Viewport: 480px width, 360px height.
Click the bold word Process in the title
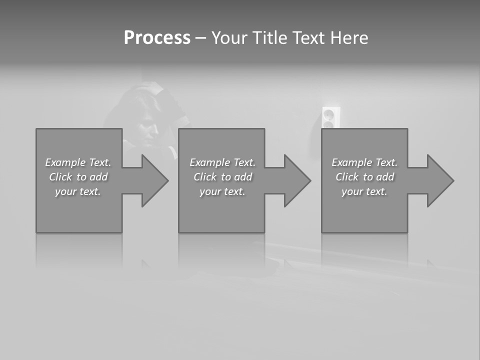(157, 38)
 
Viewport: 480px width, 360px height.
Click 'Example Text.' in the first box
(78, 162)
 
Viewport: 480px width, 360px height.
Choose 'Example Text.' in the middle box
(222, 162)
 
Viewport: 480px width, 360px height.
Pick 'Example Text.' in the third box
(364, 162)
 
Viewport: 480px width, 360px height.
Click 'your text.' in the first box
(78, 191)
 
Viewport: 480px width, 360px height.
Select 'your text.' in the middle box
(222, 191)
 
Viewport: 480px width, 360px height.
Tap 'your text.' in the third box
(364, 191)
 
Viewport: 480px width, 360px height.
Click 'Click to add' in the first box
(78, 177)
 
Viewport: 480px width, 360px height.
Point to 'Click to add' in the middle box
(222, 177)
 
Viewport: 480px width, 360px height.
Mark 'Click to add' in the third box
(364, 177)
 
